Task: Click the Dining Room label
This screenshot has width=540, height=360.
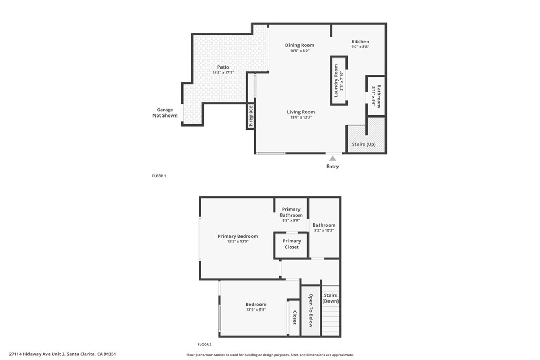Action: tap(300, 45)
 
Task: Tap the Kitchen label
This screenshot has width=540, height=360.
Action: tap(360, 42)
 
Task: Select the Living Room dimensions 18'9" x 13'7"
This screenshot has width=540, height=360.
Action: tap(301, 118)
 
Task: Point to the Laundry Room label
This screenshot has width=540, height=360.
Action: tap(336, 81)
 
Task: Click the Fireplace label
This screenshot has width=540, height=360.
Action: tap(251, 115)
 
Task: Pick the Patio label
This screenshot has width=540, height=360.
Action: tap(223, 67)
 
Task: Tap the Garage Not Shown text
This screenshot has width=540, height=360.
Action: tap(165, 113)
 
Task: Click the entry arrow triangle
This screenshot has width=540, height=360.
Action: tap(332, 157)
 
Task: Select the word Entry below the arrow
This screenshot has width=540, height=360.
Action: tap(332, 167)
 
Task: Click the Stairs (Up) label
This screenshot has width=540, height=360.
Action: tap(363, 144)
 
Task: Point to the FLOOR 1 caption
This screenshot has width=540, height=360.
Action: tap(159, 176)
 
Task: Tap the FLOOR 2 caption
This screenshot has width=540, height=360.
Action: tap(205, 344)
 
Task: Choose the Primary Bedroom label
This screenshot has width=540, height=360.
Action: tap(238, 236)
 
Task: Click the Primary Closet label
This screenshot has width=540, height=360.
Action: tap(292, 244)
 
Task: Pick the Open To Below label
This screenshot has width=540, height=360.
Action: tap(311, 310)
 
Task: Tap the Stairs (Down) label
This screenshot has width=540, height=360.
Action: tap(330, 298)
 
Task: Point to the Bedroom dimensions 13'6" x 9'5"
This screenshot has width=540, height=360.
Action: tap(256, 310)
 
